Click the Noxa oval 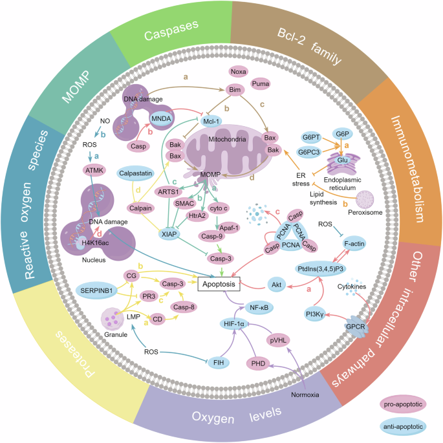pyautogui.click(x=238, y=72)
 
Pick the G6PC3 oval pyautogui.click(x=316, y=153)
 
